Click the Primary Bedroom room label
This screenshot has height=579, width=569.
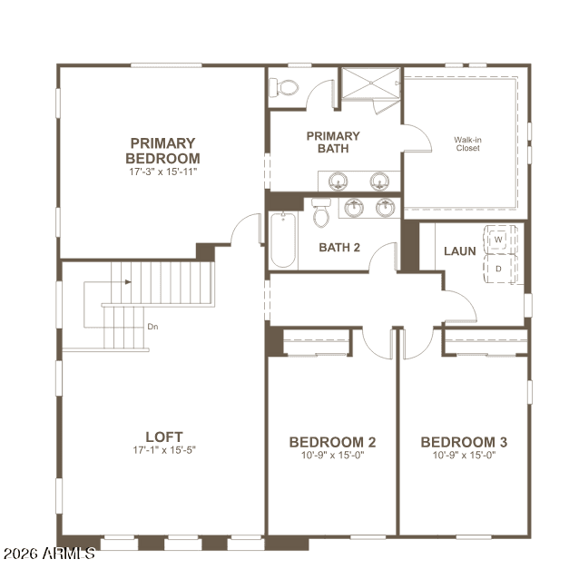(x=162, y=151)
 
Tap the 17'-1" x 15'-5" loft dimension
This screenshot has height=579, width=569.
(x=164, y=450)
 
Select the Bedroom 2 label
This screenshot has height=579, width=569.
(x=332, y=442)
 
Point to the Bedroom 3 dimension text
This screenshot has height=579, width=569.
(x=464, y=455)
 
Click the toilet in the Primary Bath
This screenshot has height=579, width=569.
(x=283, y=87)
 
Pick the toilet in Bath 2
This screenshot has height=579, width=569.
(x=321, y=212)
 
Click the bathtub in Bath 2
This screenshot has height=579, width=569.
(x=283, y=240)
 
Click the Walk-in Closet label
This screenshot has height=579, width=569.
(x=467, y=144)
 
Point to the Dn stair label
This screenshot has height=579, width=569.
(x=152, y=327)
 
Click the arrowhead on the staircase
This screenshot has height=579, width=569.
(x=128, y=282)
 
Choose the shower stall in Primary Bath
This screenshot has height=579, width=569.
(x=371, y=83)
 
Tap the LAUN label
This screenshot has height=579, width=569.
(x=460, y=251)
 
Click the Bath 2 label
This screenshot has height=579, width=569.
(x=339, y=248)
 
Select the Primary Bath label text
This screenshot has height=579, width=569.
(x=333, y=142)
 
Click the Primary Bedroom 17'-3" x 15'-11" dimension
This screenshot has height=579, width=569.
(x=162, y=172)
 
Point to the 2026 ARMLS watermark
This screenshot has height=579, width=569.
(x=49, y=554)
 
